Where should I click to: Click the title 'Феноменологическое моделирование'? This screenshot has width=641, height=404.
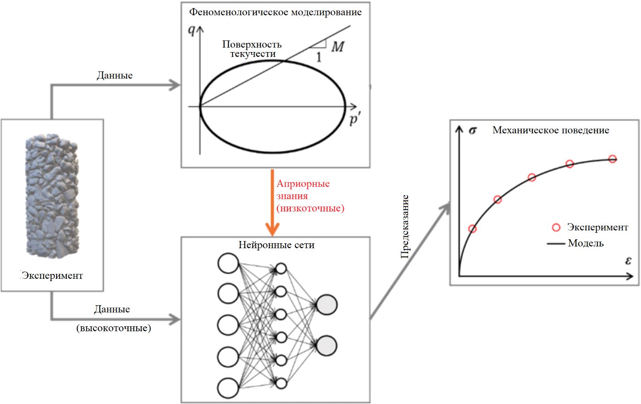coord(275,12)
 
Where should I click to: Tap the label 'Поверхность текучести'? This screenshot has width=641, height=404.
coord(252,49)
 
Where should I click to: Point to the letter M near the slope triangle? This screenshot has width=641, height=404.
coord(338,46)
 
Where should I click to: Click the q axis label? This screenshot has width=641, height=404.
coord(192,30)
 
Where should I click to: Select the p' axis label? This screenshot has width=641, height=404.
coord(355,120)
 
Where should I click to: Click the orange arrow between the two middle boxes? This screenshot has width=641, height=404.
coord(272,202)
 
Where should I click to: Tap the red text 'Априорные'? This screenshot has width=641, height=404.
coord(303,184)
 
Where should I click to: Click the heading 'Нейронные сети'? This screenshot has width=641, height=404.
coord(276,245)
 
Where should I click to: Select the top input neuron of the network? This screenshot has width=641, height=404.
coord(228,263)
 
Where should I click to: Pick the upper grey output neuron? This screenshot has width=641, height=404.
coord(326,304)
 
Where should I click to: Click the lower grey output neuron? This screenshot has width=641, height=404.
coord(326,346)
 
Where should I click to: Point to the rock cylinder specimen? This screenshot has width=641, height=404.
coord(53,196)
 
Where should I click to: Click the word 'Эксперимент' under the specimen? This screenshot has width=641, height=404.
coord(53,276)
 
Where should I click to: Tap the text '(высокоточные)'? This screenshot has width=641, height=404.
coord(114,328)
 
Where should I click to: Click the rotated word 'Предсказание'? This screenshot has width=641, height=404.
coord(405,226)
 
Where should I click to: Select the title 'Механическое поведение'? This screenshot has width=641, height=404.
coord(551,130)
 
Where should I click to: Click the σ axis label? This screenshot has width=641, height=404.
coord(473,131)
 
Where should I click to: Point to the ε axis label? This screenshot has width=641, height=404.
coord(628,261)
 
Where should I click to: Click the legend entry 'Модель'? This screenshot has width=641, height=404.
coord(586,243)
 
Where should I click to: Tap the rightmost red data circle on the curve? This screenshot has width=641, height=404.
coord(612,159)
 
